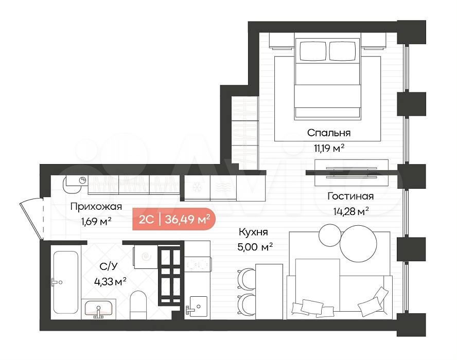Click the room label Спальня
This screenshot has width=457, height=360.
coord(329,133)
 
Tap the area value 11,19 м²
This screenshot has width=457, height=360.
coord(329,148)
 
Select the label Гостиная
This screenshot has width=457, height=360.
coord(350,196)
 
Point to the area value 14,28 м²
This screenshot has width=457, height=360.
coord(351,211)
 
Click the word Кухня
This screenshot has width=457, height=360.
coord(253,232)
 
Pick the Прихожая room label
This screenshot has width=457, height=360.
coord(96,207)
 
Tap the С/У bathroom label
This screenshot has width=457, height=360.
coord(109,266)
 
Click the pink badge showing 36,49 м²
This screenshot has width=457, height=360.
coord(174,219)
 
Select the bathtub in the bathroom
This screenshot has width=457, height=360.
coord(66,282)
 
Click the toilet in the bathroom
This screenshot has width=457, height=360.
coord(138,305)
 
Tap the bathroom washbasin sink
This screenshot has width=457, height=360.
coord(98,309)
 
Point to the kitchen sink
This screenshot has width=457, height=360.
coord(198,307)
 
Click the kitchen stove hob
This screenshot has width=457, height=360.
coord(197,265)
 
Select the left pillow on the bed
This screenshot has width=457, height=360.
coord(313,51)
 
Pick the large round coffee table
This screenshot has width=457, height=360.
coord(358,243)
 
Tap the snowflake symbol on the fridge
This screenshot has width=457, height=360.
coord(197,187)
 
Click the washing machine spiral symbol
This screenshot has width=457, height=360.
coord(146,256)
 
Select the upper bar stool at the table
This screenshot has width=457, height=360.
coord(246,279)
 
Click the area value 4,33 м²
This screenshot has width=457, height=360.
coord(110,282)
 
